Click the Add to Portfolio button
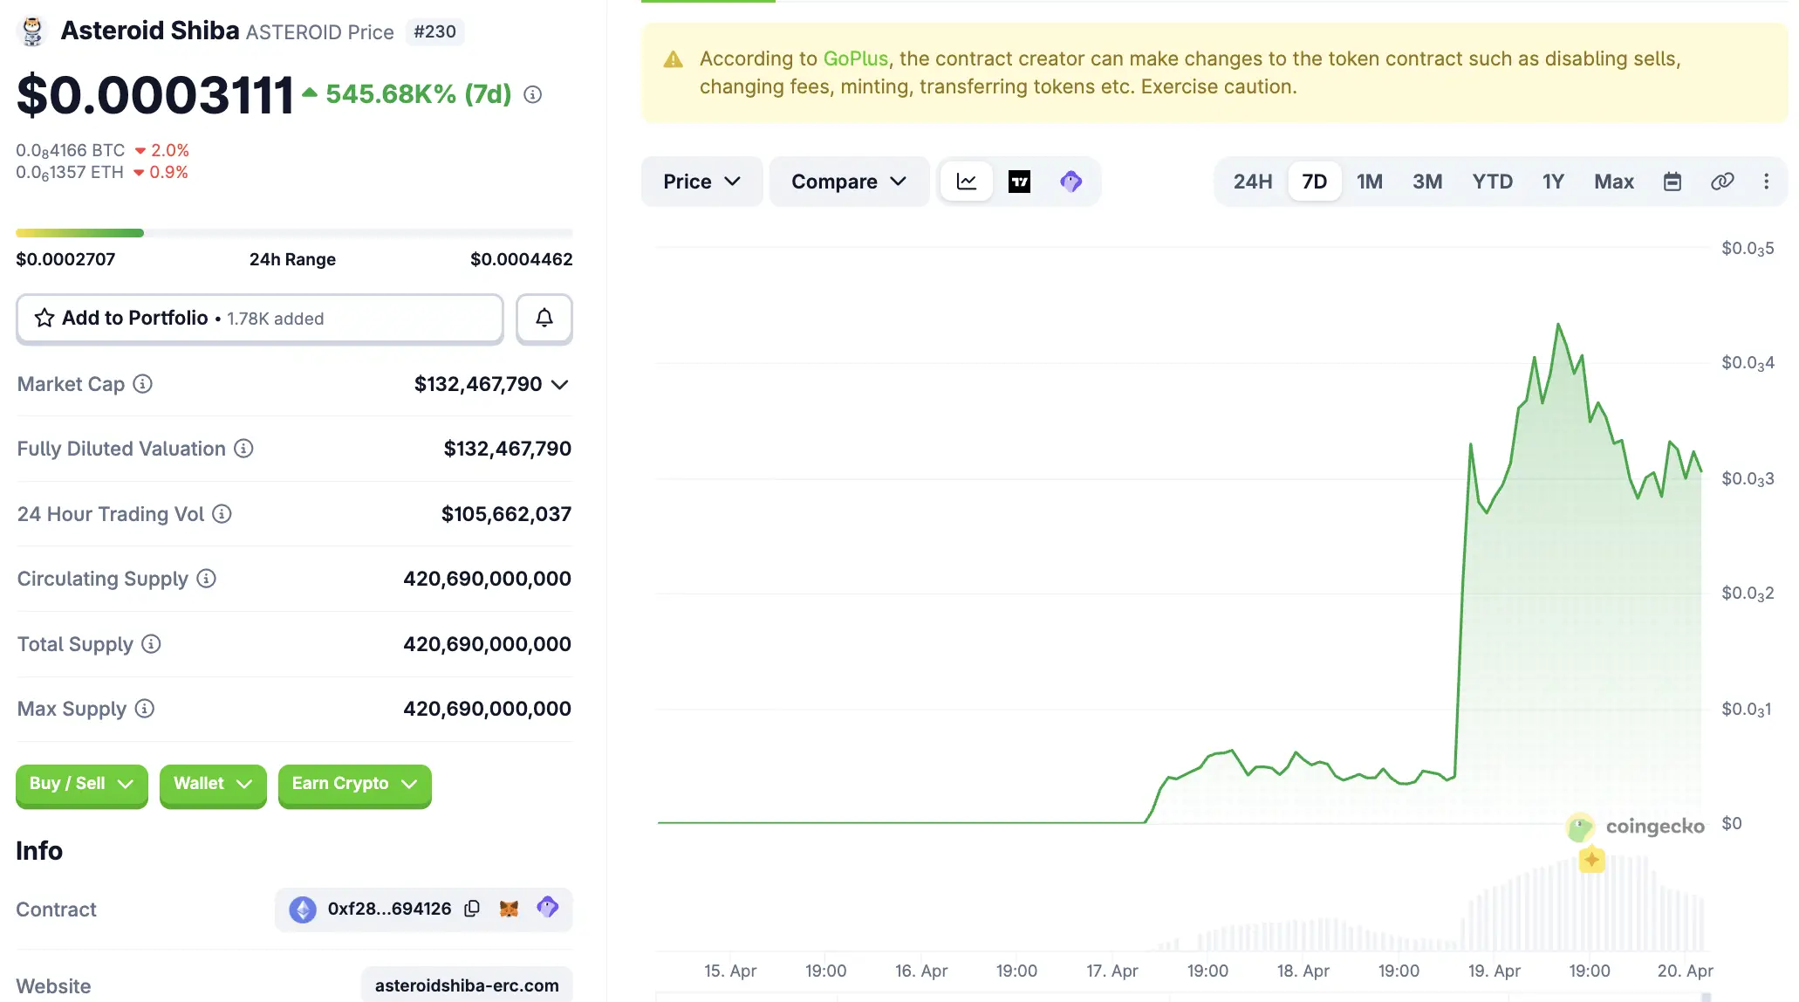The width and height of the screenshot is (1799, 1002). pos(259,319)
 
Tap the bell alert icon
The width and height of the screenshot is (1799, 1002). pos(544,319)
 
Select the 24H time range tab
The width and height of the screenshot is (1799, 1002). pos(1252,182)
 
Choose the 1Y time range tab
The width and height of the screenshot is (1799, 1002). pos(1552,182)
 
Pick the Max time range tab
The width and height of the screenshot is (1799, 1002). pos(1613,182)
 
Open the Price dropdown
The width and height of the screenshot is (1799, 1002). pos(701,182)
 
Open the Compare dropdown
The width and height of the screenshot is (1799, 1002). pos(848,182)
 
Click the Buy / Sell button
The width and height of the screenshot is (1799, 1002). pos(81,784)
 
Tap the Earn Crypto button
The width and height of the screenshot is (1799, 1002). pos(354,784)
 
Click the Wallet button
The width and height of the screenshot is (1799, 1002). pos(213,784)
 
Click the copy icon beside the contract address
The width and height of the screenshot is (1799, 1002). pos(472,909)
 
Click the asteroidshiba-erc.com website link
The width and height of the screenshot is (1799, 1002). pos(467,985)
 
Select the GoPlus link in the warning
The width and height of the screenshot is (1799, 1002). pos(855,58)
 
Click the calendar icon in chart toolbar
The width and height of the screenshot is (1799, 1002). pos(1672,182)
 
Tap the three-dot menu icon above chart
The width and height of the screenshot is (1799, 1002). pos(1766,182)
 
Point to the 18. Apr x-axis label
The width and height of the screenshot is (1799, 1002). pos(1303,971)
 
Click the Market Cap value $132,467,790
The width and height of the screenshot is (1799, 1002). pos(478,384)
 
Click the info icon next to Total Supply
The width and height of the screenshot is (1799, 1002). pos(151,644)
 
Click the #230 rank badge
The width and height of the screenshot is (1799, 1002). pos(434,31)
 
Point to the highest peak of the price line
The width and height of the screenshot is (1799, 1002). pos(1558,325)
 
